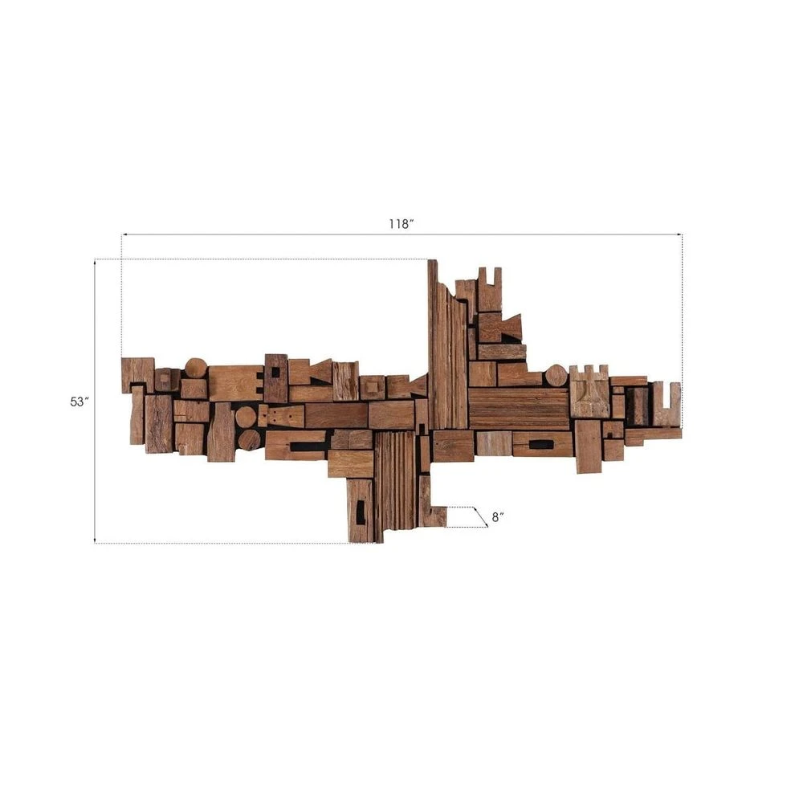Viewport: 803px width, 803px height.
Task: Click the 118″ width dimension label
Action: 401,224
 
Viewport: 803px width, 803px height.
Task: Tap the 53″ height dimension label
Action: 79,402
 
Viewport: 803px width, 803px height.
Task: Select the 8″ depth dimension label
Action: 498,517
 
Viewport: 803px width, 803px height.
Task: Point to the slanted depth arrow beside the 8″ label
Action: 480,516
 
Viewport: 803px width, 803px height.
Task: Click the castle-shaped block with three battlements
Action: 589,391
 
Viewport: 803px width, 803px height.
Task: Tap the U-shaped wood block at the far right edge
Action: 666,404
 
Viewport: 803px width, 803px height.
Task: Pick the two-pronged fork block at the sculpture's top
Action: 490,289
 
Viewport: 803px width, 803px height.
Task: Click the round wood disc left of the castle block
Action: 556,375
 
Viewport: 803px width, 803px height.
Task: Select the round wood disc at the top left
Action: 196,369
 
